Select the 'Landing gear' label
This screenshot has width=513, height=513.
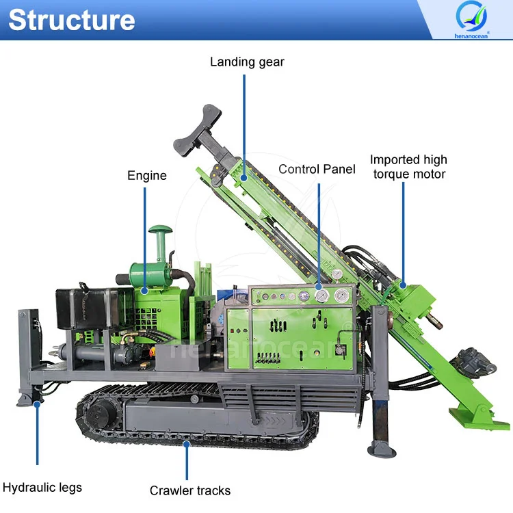coord(247,62)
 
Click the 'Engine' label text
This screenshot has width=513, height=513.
coord(147,176)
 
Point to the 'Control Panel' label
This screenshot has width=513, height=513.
coord(317,168)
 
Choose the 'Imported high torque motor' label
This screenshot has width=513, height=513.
coord(409,167)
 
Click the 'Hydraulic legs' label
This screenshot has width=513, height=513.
coord(42,488)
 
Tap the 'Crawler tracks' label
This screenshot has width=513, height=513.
coord(190,490)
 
